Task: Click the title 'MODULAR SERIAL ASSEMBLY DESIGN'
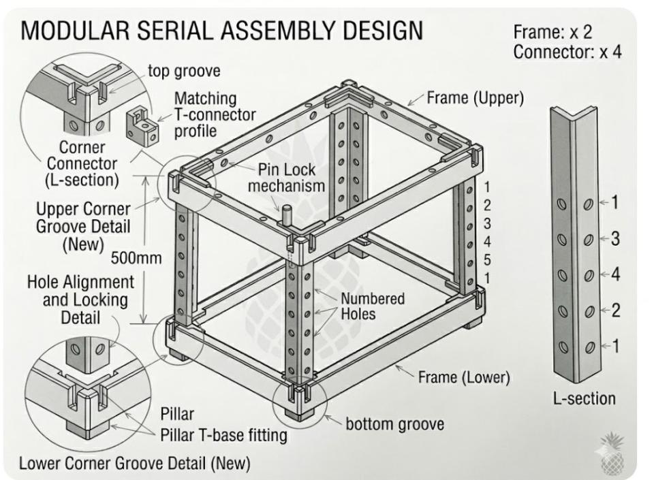[222, 30]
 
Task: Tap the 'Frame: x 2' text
[552, 32]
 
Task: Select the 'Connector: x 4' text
[567, 52]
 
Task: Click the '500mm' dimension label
[136, 258]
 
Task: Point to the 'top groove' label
[184, 71]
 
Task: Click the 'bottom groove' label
[394, 424]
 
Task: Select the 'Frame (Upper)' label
[476, 98]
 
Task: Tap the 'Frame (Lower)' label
[464, 377]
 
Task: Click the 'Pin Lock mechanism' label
[287, 178]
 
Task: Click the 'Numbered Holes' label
[373, 306]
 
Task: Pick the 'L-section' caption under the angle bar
[585, 399]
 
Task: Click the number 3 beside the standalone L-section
[615, 239]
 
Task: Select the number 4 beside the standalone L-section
[615, 274]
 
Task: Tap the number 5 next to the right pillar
[486, 260]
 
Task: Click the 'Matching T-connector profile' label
[215, 114]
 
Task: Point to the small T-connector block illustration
[142, 125]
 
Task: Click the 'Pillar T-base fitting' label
[224, 435]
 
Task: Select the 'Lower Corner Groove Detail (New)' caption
[135, 463]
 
